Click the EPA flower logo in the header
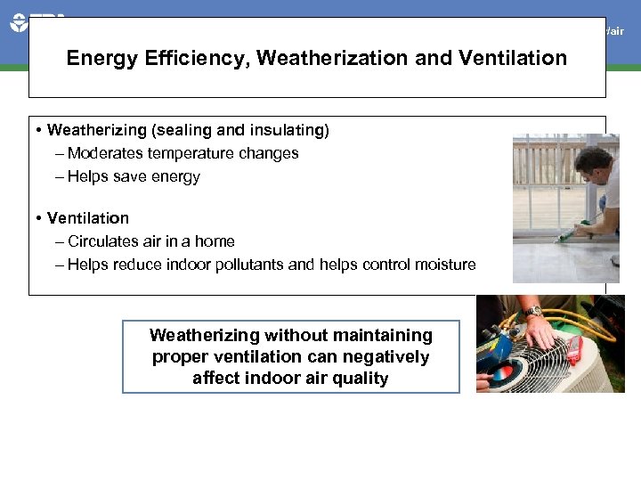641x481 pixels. pyautogui.click(x=20, y=22)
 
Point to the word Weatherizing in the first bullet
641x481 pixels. pyautogui.click(x=97, y=130)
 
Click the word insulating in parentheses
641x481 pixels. pyautogui.click(x=291, y=130)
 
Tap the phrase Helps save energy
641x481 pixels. pyautogui.click(x=134, y=176)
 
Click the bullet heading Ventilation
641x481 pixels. pyautogui.click(x=87, y=218)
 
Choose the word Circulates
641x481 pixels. pyautogui.click(x=104, y=241)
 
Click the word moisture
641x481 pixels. pyautogui.click(x=444, y=265)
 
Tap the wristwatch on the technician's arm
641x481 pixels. pyautogui.click(x=533, y=312)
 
